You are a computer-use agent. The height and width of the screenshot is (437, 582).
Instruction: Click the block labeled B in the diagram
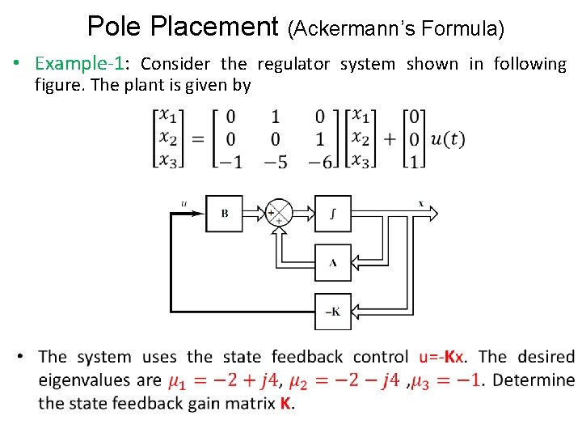point(225,214)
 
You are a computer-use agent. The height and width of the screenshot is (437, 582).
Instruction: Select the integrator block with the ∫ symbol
point(333,214)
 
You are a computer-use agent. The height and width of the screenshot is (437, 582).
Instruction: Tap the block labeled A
point(333,262)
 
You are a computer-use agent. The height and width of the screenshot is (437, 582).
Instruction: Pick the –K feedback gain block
point(333,312)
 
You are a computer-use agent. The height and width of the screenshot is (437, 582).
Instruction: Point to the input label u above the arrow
point(183,203)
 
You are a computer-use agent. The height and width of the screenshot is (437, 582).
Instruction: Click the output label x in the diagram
point(421,202)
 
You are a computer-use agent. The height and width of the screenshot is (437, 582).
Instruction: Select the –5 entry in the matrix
point(276,161)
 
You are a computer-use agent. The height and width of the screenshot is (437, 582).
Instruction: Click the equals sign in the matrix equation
point(197,139)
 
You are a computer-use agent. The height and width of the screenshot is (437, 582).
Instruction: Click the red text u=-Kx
point(442,357)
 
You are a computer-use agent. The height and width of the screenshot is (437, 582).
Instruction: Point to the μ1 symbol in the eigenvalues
point(179,380)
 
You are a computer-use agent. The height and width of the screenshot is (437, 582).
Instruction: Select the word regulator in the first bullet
point(294,64)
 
